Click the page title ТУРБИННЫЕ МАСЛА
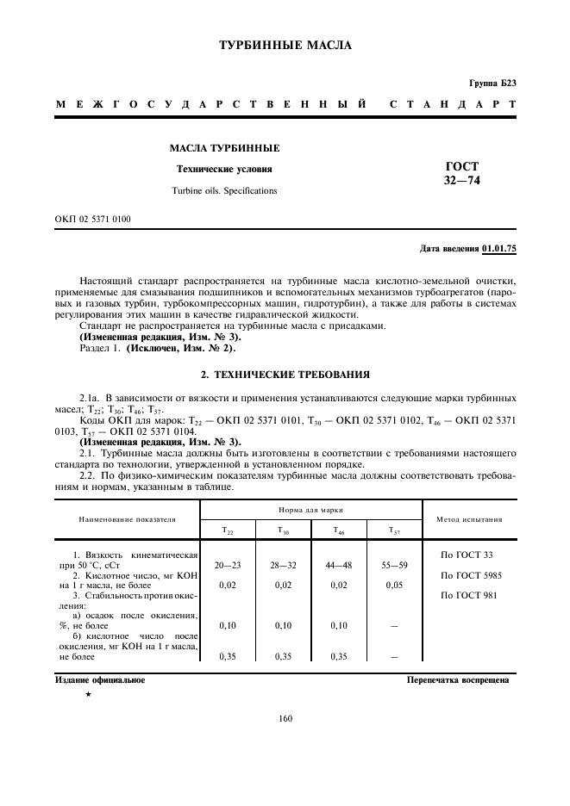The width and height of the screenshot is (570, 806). tap(285, 46)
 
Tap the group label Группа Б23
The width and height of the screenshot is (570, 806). tap(492, 84)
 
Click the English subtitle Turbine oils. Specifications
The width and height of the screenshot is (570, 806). tap(224, 190)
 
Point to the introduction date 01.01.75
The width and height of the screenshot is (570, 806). tap(499, 249)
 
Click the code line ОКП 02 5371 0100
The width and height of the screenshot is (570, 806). tap(94, 219)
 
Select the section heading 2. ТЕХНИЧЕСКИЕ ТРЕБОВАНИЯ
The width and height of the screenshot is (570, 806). tap(285, 375)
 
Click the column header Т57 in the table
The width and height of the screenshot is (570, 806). tap(393, 531)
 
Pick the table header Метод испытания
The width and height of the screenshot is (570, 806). tap(469, 520)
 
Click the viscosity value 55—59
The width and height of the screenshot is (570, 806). tap(393, 565)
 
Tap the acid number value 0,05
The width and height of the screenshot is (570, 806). tap(393, 586)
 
